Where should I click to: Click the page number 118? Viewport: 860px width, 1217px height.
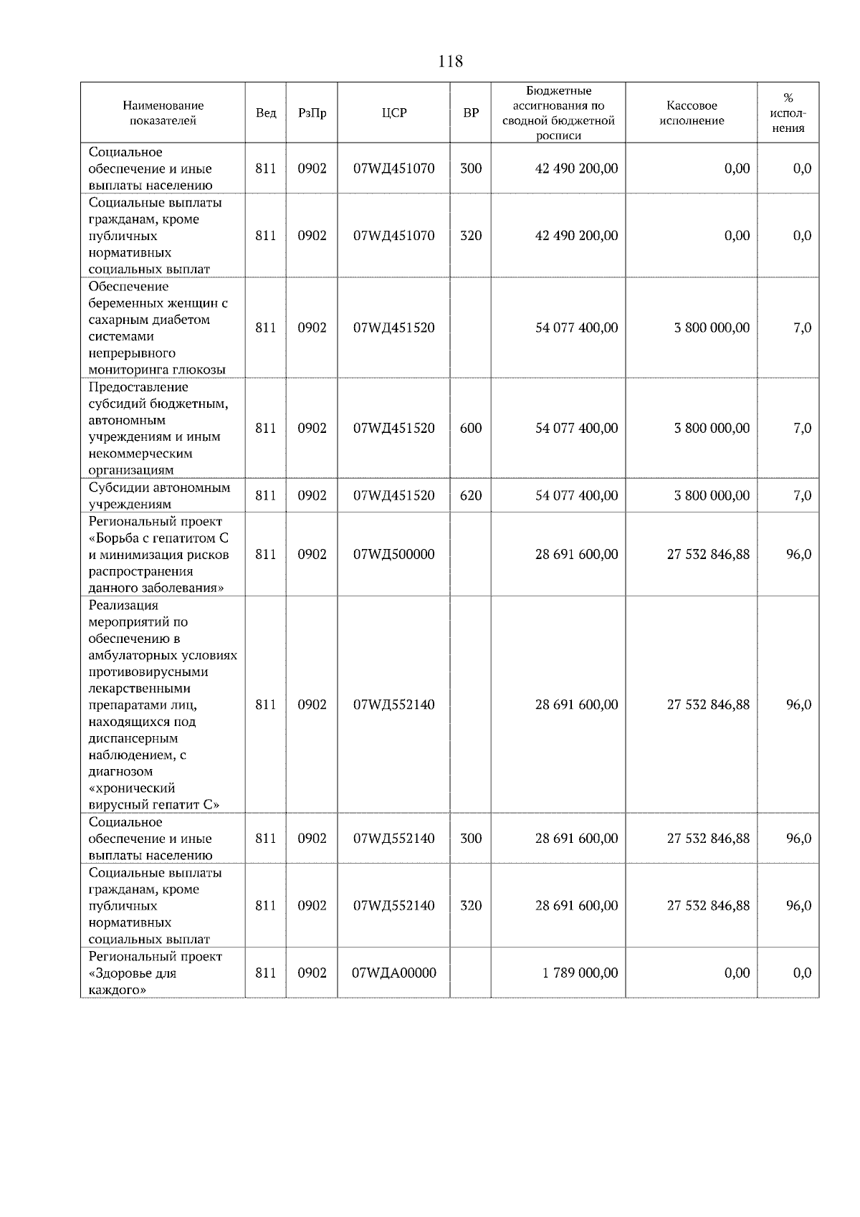450,62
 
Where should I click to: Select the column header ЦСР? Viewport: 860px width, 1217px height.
393,113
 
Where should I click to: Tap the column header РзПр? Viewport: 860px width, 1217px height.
312,113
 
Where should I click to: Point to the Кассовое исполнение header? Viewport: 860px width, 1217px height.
691,113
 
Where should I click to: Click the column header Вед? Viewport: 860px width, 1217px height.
266,113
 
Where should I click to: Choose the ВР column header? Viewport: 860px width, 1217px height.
471,113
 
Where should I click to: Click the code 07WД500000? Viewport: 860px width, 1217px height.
393,554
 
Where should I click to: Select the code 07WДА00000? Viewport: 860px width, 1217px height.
393,973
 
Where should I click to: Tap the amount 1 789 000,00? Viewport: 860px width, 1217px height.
576,973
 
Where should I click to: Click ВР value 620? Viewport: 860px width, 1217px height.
471,495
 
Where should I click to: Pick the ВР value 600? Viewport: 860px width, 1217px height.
471,428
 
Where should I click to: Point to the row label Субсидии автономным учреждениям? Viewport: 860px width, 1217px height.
159,495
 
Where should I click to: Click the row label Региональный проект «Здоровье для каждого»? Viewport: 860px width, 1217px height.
155,973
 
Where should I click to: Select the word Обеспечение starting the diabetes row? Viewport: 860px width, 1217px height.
128,287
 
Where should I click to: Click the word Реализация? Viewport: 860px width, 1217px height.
123,605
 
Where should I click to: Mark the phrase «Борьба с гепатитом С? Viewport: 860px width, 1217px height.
158,538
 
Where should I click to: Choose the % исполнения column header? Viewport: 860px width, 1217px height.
788,113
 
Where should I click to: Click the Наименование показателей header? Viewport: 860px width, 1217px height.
163,113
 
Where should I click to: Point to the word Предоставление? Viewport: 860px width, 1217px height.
138,387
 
